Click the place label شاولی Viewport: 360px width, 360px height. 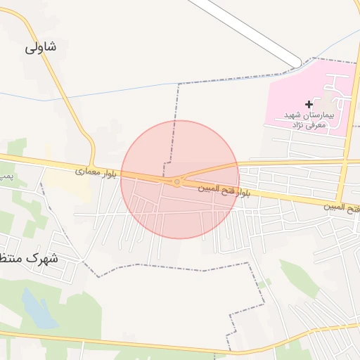tap(41, 47)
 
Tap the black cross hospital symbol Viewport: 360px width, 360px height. tap(309, 104)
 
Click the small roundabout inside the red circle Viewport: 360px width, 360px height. tap(176, 183)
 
